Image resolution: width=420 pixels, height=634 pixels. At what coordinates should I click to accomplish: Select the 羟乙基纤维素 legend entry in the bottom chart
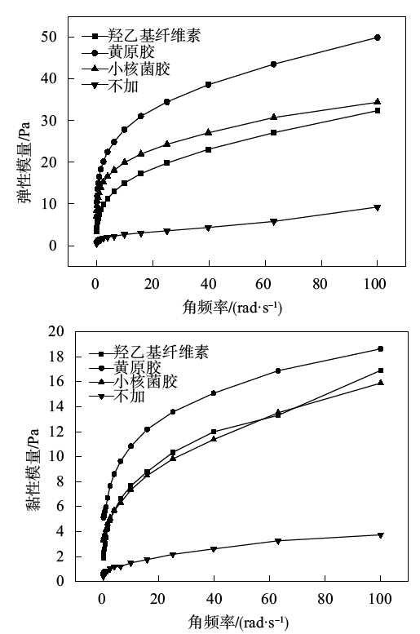click(148, 352)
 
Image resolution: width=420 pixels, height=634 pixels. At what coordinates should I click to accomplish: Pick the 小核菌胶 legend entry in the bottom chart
click(134, 382)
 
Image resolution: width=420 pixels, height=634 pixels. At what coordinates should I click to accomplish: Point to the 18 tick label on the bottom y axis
click(55, 357)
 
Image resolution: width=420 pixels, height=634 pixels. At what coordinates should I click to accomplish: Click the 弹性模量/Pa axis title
click(24, 162)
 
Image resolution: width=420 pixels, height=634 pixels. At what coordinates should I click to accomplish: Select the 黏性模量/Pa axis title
click(33, 469)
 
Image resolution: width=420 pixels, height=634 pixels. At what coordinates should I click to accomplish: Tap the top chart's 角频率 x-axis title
click(232, 308)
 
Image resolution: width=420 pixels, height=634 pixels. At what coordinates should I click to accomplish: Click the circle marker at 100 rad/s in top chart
click(378, 38)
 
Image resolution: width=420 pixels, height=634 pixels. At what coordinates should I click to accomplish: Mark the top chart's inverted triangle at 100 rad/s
click(378, 208)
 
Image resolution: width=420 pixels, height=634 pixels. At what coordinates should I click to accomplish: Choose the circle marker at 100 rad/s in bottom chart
click(380, 349)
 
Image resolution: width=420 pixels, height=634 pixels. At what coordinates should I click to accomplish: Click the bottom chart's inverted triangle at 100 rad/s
click(380, 535)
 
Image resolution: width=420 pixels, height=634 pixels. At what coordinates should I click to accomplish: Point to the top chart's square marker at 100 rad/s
click(378, 110)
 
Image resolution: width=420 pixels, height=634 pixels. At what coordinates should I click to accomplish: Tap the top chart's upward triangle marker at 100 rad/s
click(378, 101)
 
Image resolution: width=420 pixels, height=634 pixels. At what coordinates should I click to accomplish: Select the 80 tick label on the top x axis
click(320, 284)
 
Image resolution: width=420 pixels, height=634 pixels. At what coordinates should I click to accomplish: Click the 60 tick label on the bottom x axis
click(269, 598)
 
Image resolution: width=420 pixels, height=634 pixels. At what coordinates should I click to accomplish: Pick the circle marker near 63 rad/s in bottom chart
click(278, 370)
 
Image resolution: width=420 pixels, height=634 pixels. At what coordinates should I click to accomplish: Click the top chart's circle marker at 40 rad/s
click(209, 85)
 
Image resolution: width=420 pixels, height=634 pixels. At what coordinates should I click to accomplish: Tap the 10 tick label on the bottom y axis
click(55, 456)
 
